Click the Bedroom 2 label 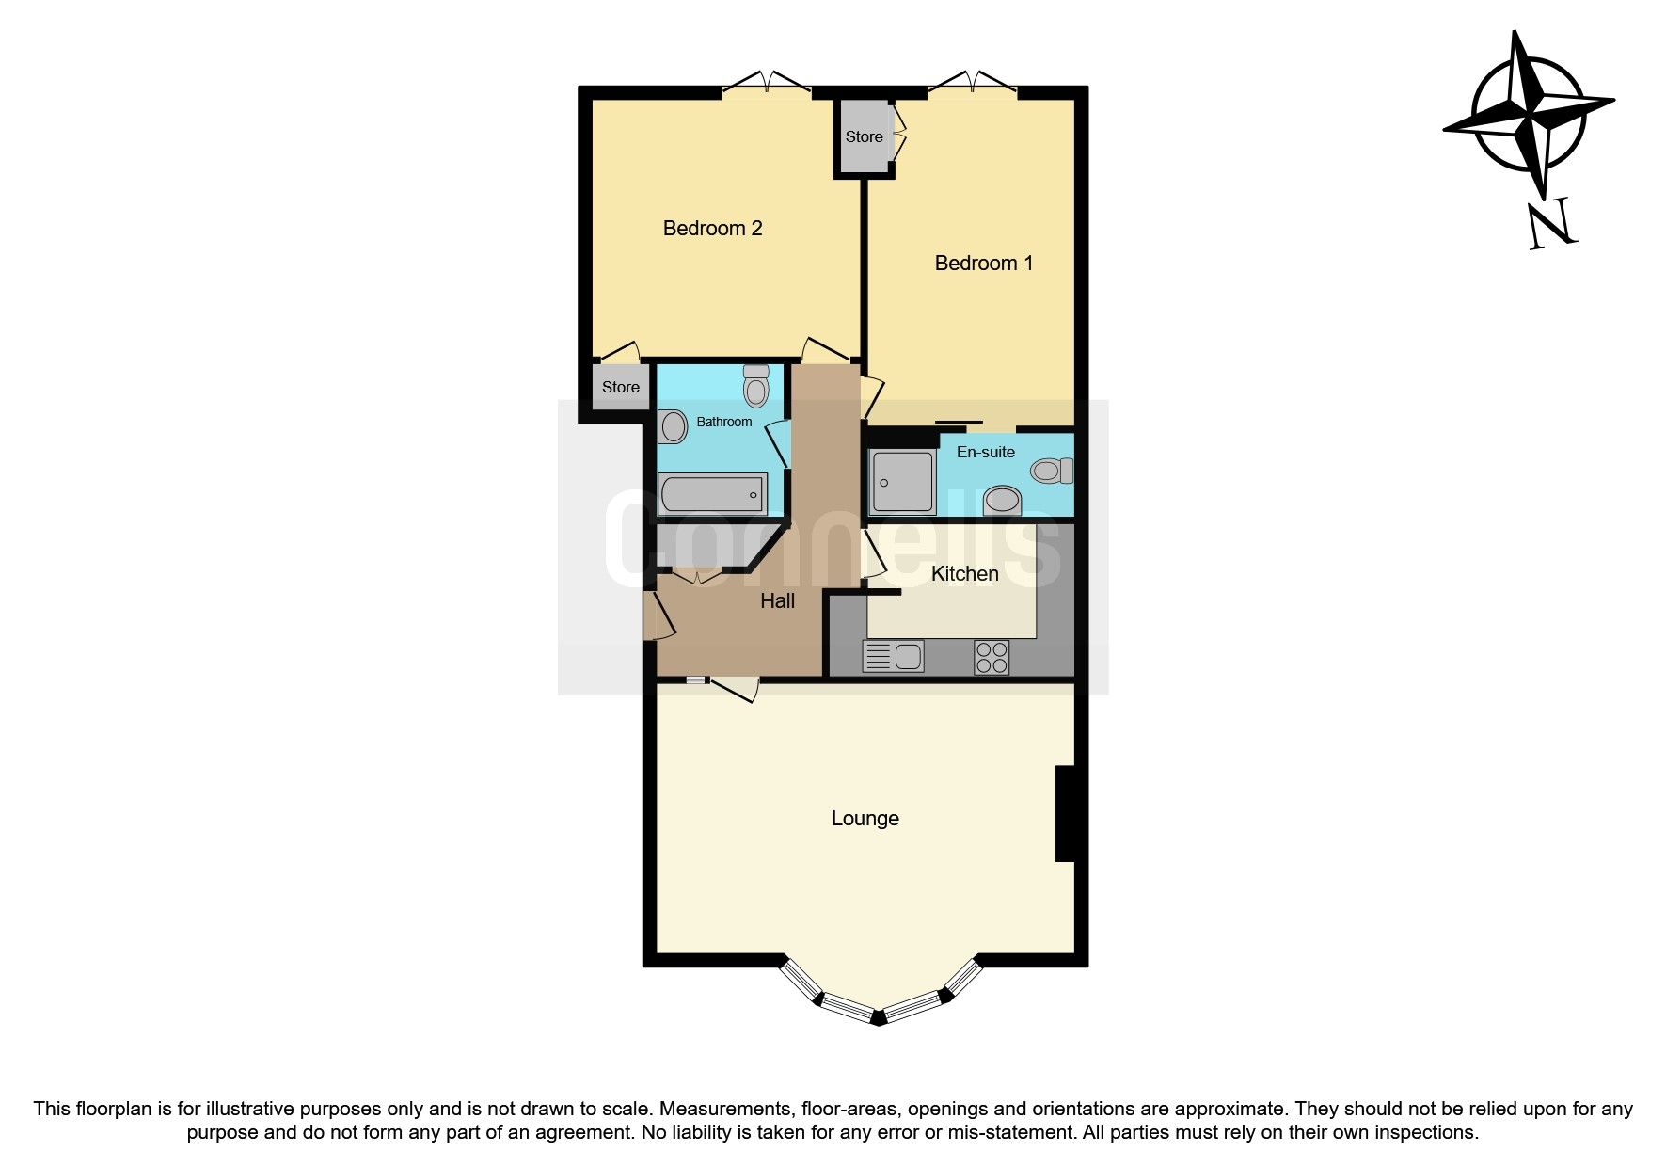click(712, 228)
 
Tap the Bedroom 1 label click(983, 264)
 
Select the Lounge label click(865, 819)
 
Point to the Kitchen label click(964, 573)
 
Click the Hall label click(777, 601)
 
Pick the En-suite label click(985, 452)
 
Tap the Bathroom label click(723, 422)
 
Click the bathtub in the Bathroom click(712, 493)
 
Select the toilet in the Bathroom click(755, 385)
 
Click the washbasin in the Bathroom click(673, 426)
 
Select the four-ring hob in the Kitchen click(992, 657)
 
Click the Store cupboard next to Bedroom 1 click(864, 137)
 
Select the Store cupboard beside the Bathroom click(620, 387)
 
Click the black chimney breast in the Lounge click(1065, 813)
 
